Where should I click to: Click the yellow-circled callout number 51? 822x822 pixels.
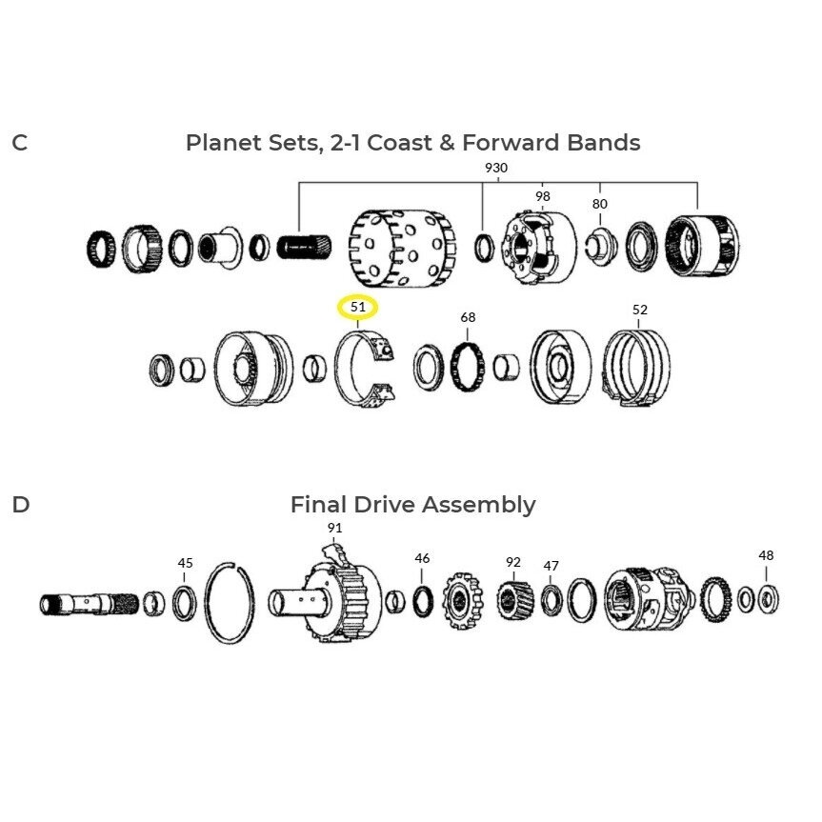tap(357, 307)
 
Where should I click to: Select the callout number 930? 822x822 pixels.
tap(496, 168)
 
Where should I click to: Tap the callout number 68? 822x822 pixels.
tap(468, 317)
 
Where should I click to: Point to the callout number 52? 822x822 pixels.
tap(639, 310)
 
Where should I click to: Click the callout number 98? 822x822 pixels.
tap(543, 196)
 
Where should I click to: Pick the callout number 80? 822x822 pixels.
tap(600, 204)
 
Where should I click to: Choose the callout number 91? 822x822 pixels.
tap(334, 528)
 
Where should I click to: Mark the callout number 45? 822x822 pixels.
tap(185, 563)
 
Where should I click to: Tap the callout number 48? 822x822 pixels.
tap(766, 555)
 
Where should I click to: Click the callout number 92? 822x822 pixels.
tap(513, 562)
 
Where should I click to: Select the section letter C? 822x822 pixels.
tap(19, 143)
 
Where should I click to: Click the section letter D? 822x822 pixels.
tap(20, 504)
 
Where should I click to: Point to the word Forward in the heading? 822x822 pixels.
tap(511, 143)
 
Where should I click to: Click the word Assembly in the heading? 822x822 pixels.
tap(478, 506)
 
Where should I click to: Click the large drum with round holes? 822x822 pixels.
tap(402, 248)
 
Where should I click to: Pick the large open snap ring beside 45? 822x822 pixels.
tap(206, 603)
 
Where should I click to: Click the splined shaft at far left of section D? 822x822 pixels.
tap(90, 604)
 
